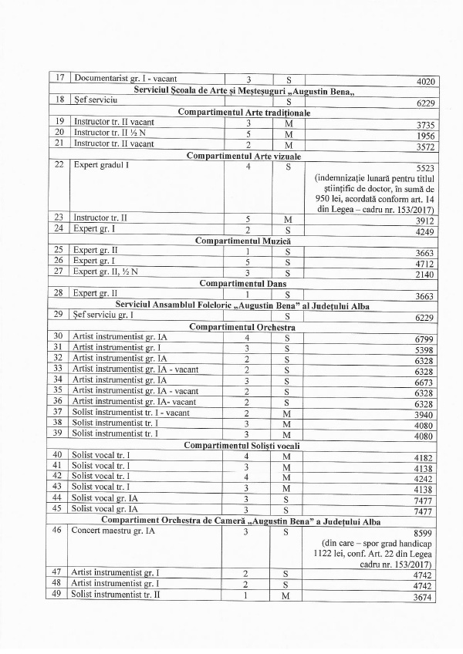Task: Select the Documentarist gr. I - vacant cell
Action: (123, 79)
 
